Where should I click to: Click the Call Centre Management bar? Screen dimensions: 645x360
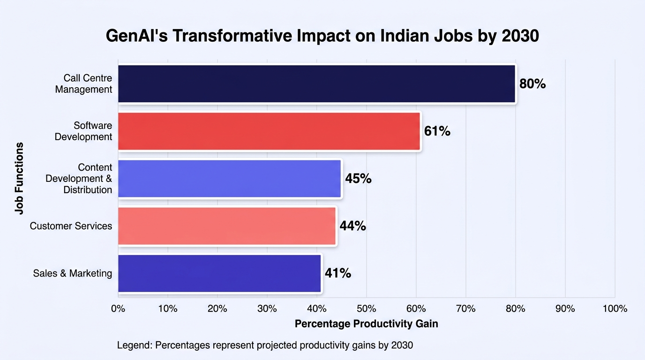pos(317,83)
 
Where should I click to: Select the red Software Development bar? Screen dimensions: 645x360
pos(269,131)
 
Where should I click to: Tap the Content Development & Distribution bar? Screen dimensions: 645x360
pos(230,179)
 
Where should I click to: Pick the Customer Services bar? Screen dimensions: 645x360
pos(227,226)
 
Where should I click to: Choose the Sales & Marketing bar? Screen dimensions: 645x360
pos(219,273)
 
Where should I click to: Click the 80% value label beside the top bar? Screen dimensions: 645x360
pos(532,84)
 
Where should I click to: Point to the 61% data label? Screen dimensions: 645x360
pos(437,131)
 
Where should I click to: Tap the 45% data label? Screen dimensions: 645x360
pos(358,179)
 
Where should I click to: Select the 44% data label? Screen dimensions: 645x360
pos(352,226)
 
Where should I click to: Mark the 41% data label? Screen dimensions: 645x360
pos(338,273)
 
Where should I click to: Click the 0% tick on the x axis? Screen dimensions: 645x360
pos(118,309)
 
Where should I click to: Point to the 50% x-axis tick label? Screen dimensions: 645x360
pos(366,309)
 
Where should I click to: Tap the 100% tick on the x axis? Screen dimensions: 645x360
pos(615,309)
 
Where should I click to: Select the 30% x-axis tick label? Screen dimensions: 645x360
pos(267,309)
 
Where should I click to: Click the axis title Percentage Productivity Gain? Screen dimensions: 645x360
pos(366,324)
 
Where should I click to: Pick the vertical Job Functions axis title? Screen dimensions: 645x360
pos(19,178)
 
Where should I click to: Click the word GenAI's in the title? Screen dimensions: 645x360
pos(137,36)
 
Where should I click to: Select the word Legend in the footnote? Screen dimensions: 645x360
pos(135,345)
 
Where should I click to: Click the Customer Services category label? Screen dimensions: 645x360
pos(71,226)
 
